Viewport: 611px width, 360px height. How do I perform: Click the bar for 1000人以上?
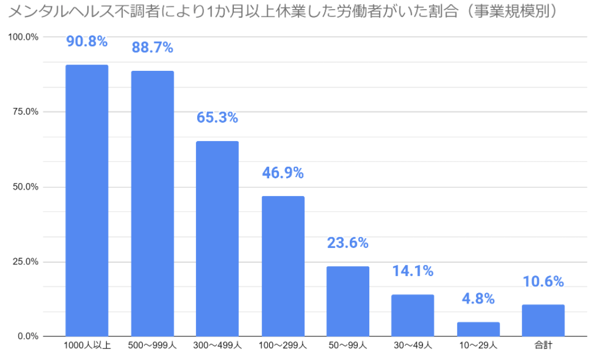(87, 200)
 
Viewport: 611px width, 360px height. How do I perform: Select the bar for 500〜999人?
(153, 203)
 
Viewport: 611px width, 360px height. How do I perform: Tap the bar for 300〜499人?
(217, 238)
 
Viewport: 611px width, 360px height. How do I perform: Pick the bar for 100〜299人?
(283, 266)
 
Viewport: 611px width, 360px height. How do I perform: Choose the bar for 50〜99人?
(348, 301)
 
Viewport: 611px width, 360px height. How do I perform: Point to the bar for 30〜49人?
(413, 315)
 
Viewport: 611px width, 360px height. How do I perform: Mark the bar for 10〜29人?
(478, 329)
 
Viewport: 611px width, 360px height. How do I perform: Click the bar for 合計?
(543, 320)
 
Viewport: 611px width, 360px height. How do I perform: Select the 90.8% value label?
(87, 42)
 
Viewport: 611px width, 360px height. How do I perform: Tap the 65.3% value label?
(217, 118)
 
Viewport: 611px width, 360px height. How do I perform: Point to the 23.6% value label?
(348, 243)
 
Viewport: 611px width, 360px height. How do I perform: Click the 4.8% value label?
(478, 299)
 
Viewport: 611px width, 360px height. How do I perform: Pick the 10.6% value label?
(543, 282)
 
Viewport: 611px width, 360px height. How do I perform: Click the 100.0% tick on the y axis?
(23, 37)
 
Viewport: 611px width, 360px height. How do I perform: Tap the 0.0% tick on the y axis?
(27, 336)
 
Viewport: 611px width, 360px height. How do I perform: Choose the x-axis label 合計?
(543, 345)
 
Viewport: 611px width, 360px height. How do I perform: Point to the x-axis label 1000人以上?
(87, 345)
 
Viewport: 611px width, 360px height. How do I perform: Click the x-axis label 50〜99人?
(348, 345)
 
